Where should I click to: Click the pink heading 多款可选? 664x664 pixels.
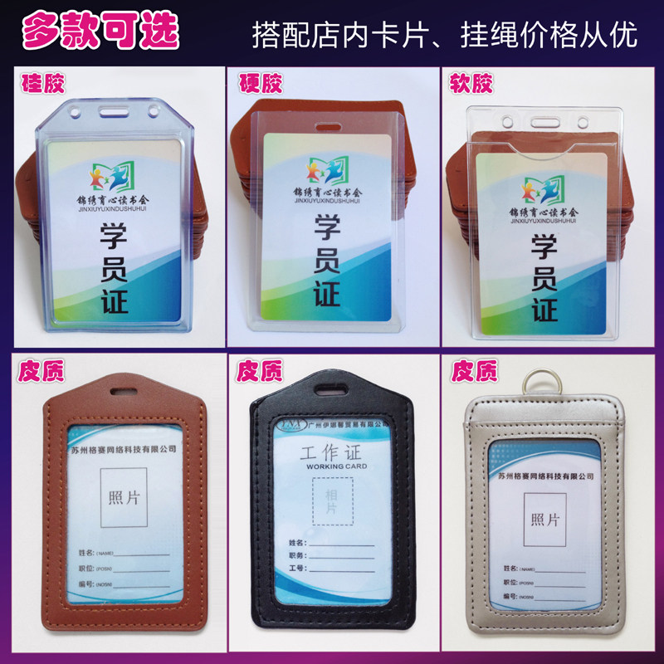pos(100,31)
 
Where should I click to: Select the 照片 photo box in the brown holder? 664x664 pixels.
pos(124,497)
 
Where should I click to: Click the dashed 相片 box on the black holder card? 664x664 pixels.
pos(331,503)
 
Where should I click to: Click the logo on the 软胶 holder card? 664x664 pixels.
pos(544,188)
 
